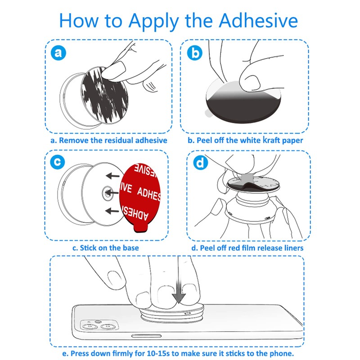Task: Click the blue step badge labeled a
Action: click(x=58, y=54)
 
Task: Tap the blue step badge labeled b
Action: click(x=194, y=54)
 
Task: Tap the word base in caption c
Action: click(x=130, y=247)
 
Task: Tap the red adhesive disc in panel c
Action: click(x=140, y=193)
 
